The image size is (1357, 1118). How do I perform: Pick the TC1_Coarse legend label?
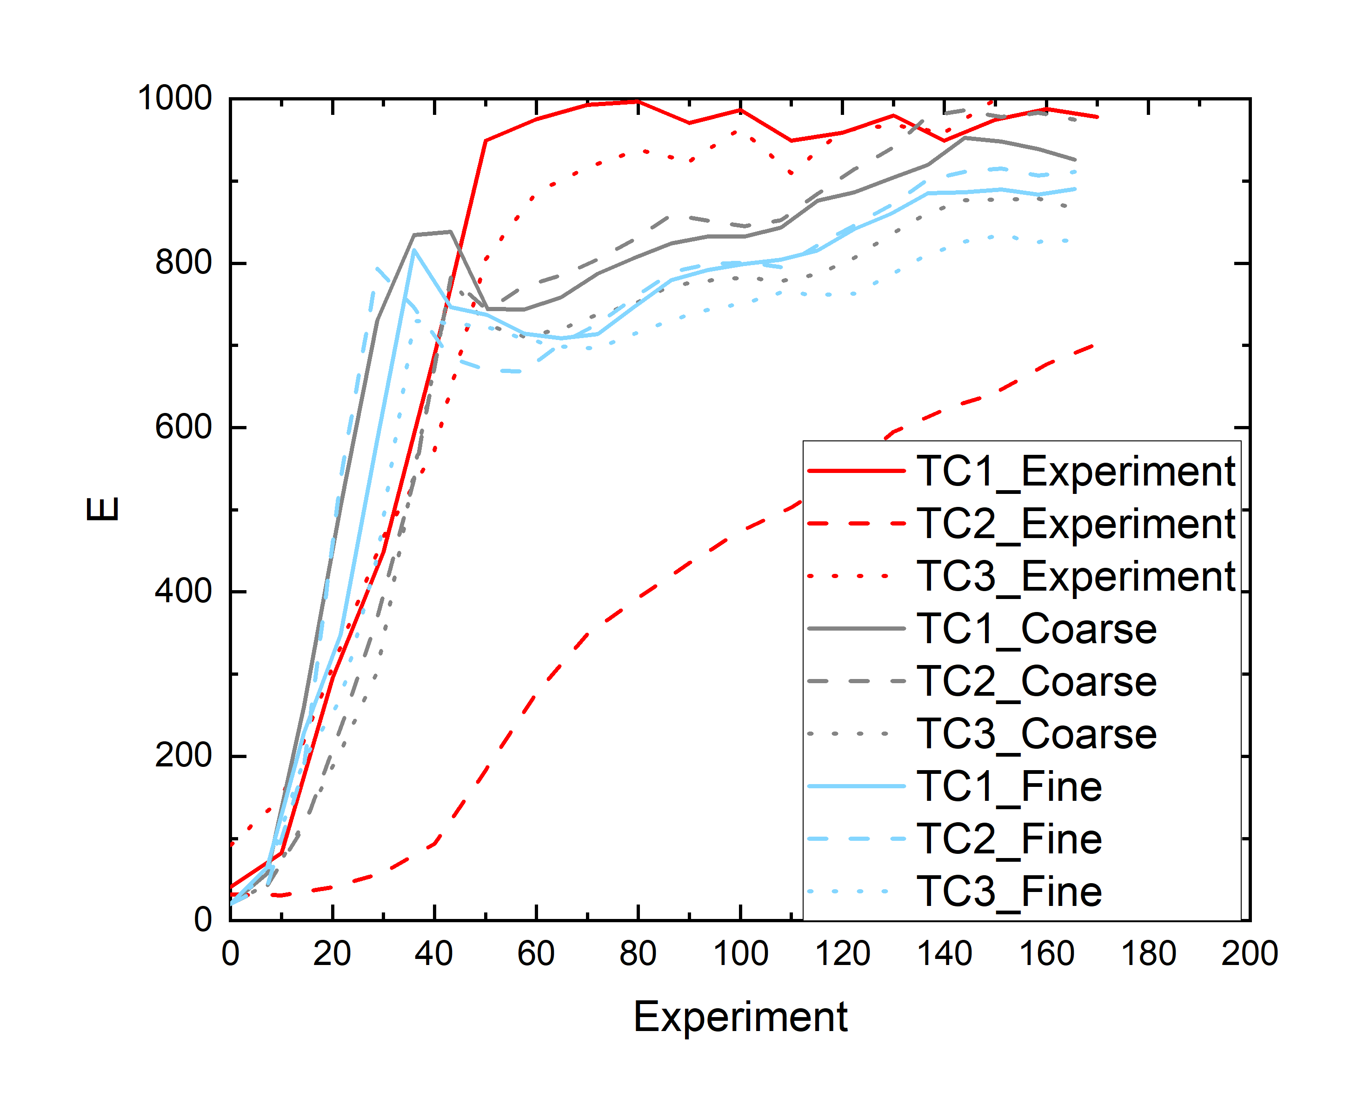point(1036,629)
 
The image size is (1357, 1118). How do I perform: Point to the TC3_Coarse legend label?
point(1036,735)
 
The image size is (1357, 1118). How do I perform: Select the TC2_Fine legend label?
point(1009,840)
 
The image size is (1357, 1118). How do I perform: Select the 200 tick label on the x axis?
point(1250,954)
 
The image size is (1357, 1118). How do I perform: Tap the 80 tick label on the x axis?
point(638,954)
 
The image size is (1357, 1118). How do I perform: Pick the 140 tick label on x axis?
point(944,954)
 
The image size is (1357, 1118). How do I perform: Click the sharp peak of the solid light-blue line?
point(414,250)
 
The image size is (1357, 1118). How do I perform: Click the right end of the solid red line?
point(1097,117)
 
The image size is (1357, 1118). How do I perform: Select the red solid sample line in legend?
point(856,472)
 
